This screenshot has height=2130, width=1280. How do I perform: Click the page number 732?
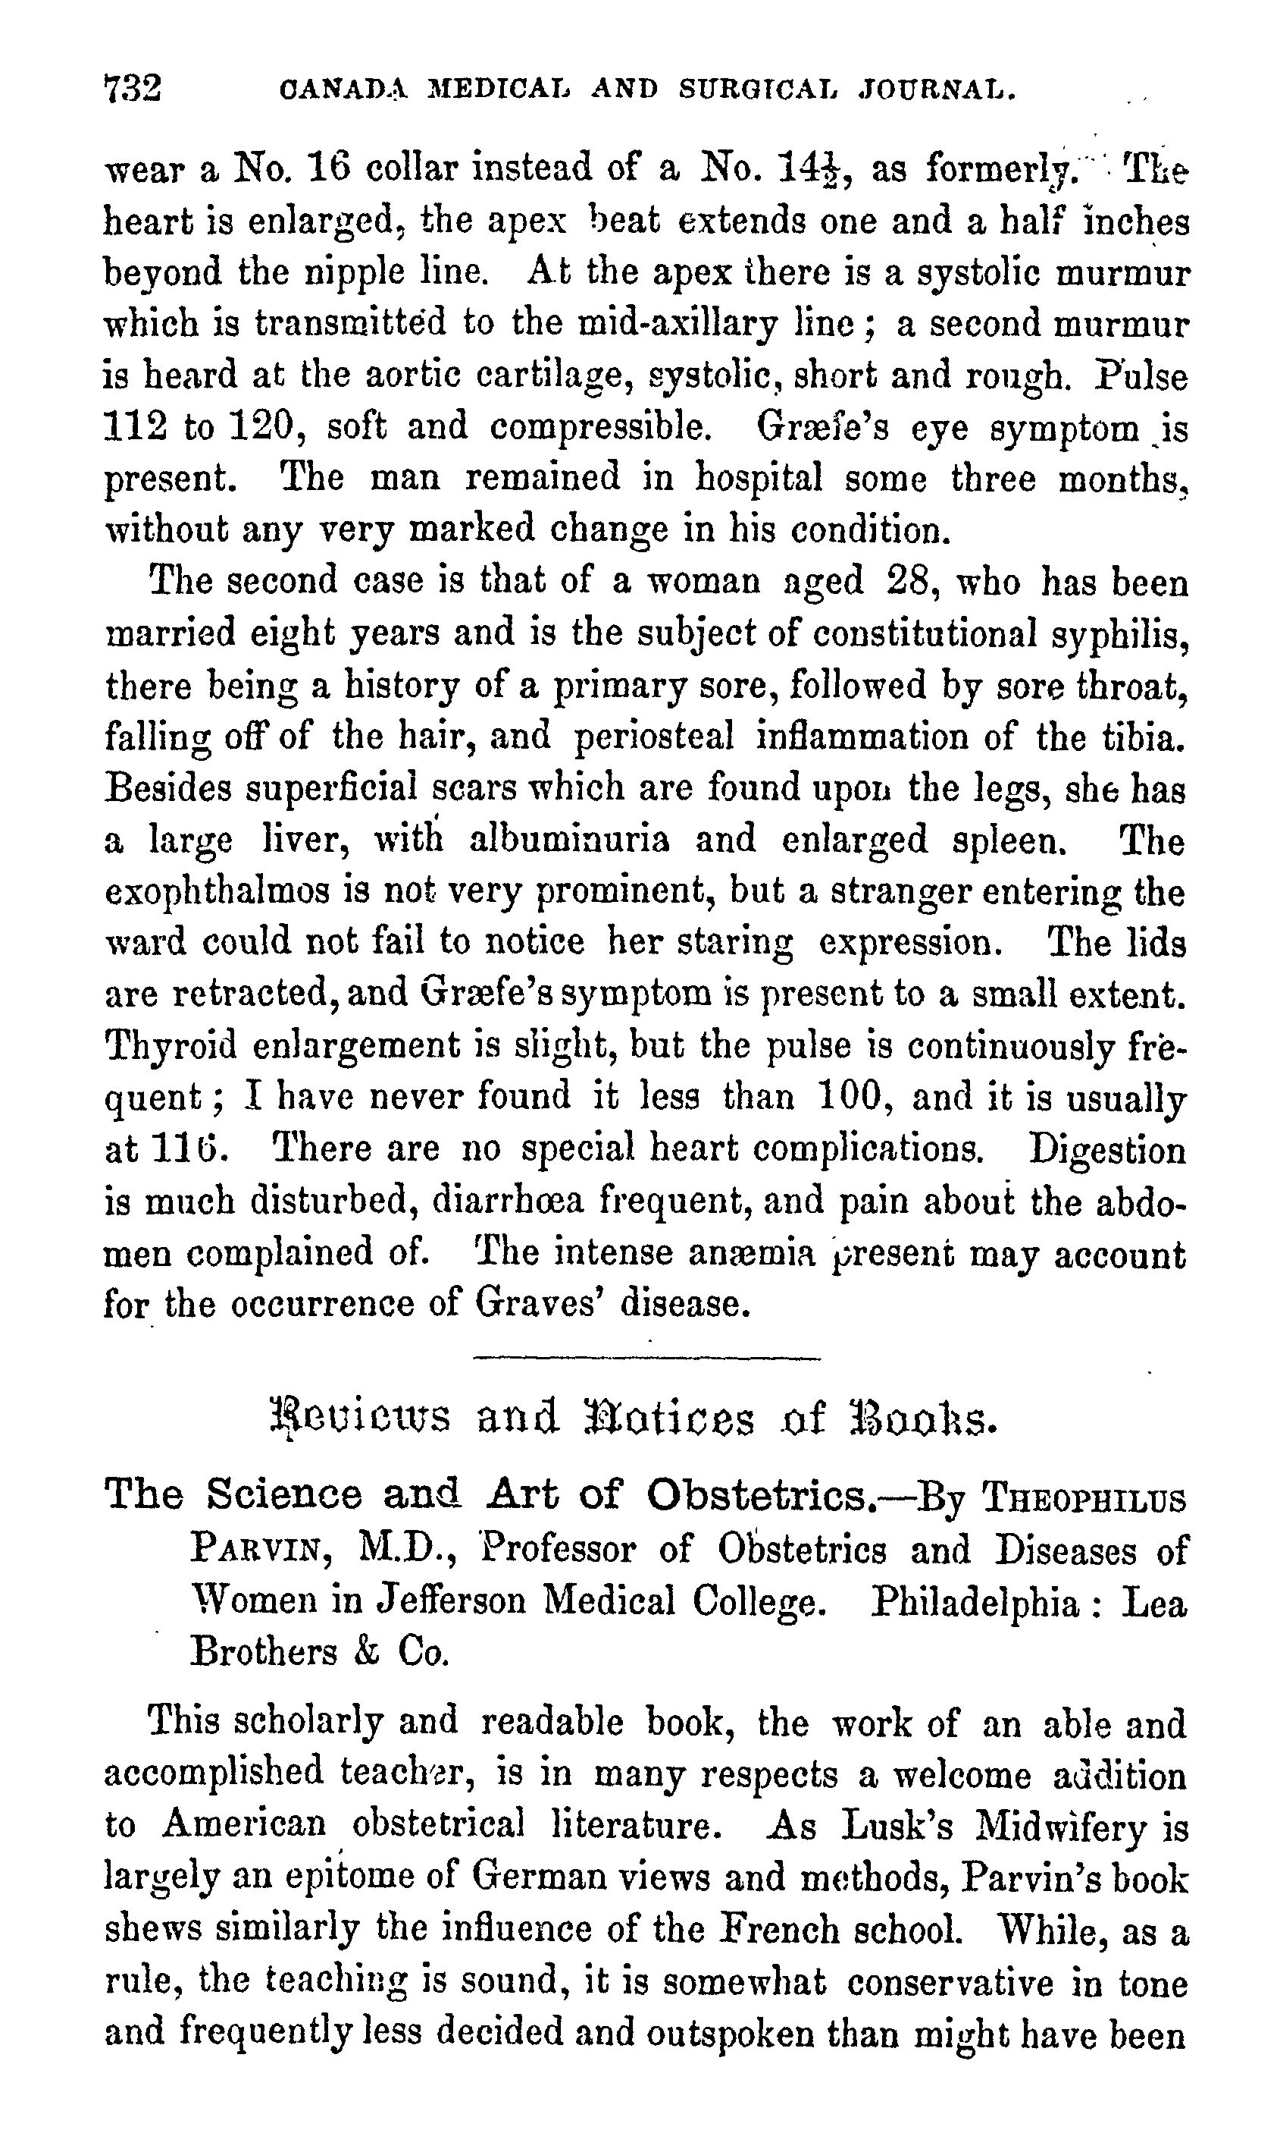[x=132, y=89]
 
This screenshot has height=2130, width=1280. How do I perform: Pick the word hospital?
[x=759, y=478]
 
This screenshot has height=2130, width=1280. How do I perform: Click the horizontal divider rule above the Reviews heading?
[x=647, y=1359]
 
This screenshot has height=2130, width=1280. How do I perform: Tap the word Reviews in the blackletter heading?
[x=360, y=1418]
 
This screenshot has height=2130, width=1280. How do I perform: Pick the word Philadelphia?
[x=974, y=1603]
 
